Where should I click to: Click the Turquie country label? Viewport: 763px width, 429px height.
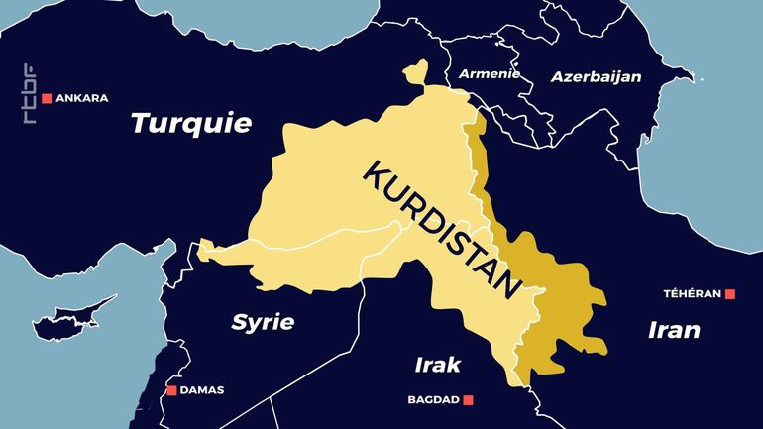(191, 124)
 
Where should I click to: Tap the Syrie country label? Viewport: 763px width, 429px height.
(263, 322)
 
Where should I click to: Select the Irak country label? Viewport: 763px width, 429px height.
(437, 365)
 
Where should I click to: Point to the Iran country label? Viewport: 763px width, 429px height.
(674, 330)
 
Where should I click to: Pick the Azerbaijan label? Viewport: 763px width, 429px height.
(597, 76)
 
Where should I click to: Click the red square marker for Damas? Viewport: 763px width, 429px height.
(171, 390)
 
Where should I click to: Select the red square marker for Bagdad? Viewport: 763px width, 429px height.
(469, 400)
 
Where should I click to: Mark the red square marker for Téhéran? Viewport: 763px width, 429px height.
(730, 294)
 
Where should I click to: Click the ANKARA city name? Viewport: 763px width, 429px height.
(82, 98)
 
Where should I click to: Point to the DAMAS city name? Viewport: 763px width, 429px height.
(202, 390)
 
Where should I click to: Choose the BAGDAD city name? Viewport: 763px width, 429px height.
(434, 400)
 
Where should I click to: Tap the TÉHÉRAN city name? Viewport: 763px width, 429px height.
(693, 294)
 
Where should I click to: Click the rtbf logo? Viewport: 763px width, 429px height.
(29, 95)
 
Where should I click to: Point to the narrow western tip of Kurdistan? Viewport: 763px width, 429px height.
(205, 249)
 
